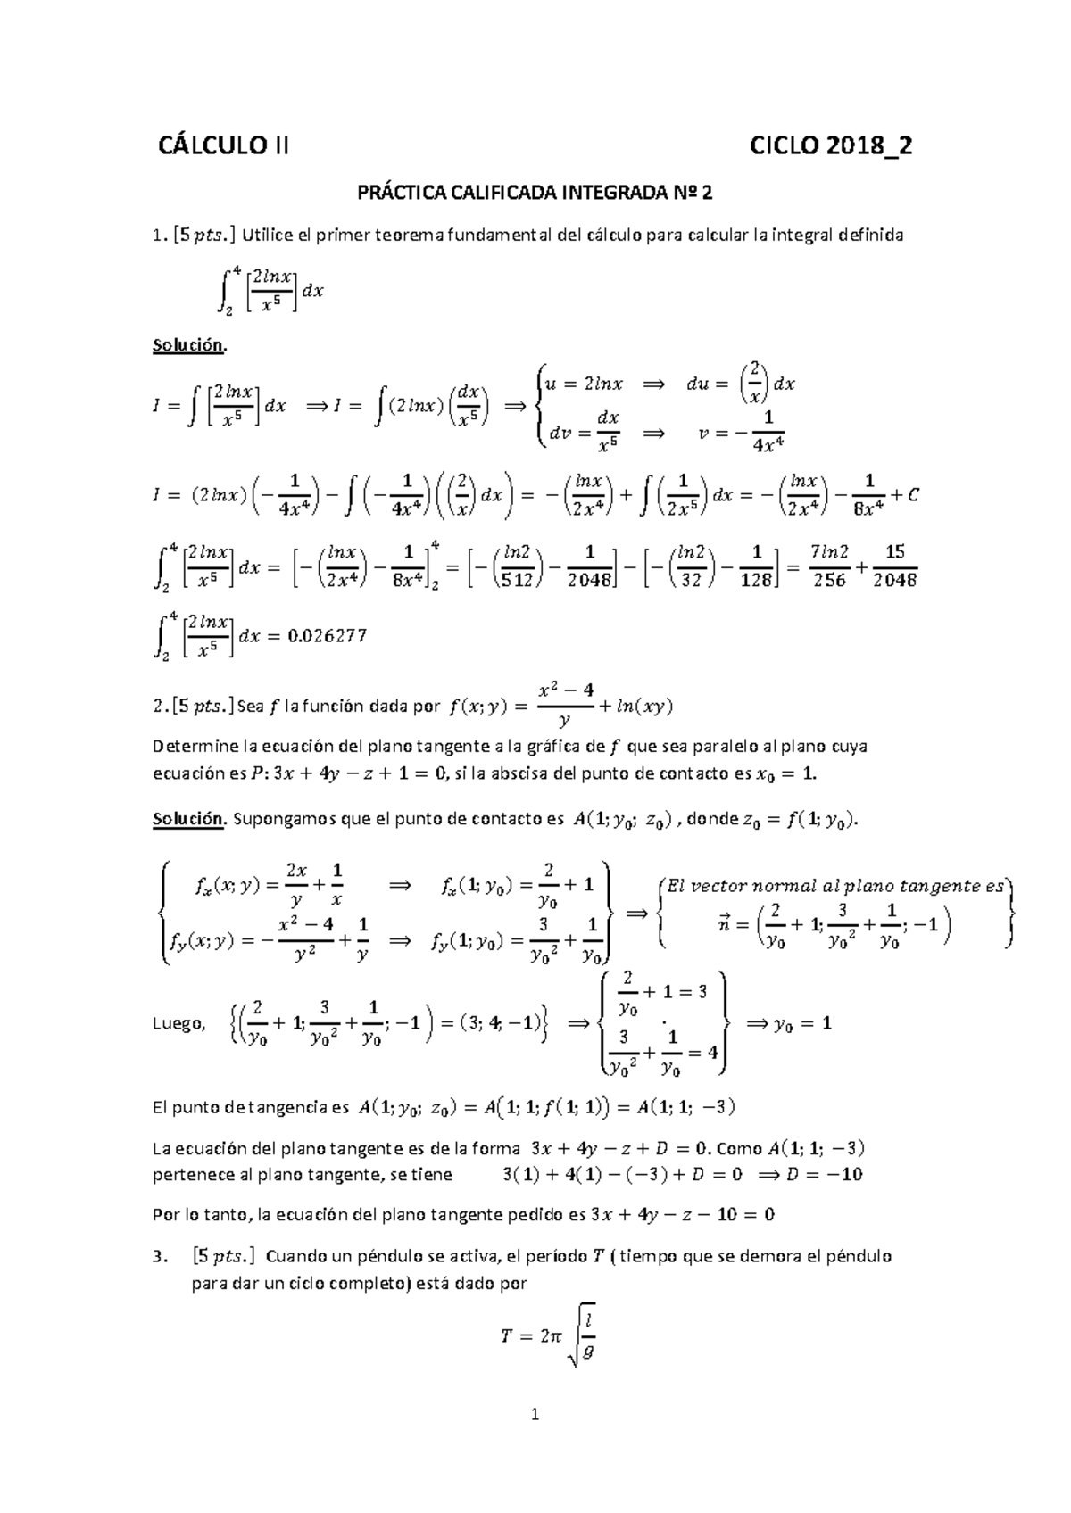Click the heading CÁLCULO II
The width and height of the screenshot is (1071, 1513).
pos(223,146)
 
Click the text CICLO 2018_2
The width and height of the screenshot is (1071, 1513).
pos(832,146)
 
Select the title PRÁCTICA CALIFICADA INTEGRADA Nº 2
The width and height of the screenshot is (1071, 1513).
pos(535,193)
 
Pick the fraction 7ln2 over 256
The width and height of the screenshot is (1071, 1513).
pos(829,566)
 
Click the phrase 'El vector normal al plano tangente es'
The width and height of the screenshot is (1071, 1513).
pos(836,886)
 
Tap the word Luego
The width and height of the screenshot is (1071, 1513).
pos(178,1024)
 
